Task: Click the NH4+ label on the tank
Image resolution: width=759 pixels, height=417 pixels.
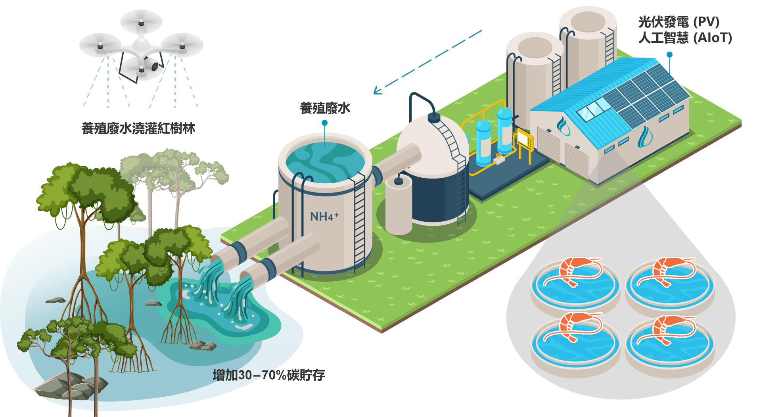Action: tap(324, 216)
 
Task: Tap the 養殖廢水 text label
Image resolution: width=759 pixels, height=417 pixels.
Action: tap(325, 108)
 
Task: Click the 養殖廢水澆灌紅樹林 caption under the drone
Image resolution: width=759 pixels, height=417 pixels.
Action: tap(138, 129)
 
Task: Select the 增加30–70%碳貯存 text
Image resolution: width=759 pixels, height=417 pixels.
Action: tap(269, 375)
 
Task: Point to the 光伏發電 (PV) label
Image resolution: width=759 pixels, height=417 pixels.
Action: tap(678, 22)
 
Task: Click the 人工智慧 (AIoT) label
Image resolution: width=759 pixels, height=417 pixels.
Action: tap(685, 38)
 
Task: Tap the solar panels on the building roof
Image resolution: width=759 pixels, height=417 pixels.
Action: tap(646, 95)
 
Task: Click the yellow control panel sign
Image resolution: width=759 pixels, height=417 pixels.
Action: tap(525, 139)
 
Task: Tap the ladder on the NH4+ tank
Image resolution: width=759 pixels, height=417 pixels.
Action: tap(359, 222)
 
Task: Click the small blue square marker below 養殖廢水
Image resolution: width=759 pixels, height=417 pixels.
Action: tap(324, 123)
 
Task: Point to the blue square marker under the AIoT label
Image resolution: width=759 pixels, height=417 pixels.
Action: tap(669, 54)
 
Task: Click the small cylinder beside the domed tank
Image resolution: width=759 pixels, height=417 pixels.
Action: tap(399, 206)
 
